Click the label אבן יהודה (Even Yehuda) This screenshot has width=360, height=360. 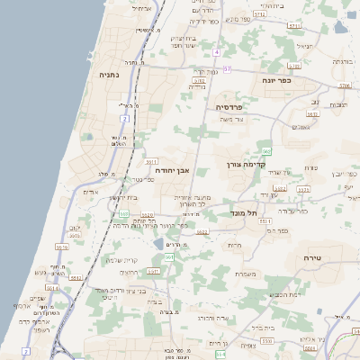(x=171, y=168)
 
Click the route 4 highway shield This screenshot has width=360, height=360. (x=216, y=52)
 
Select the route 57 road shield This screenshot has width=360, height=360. (x=228, y=69)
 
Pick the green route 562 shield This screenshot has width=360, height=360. (x=267, y=150)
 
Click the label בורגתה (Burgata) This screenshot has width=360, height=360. (x=342, y=61)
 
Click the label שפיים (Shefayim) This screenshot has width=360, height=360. (x=37, y=298)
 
